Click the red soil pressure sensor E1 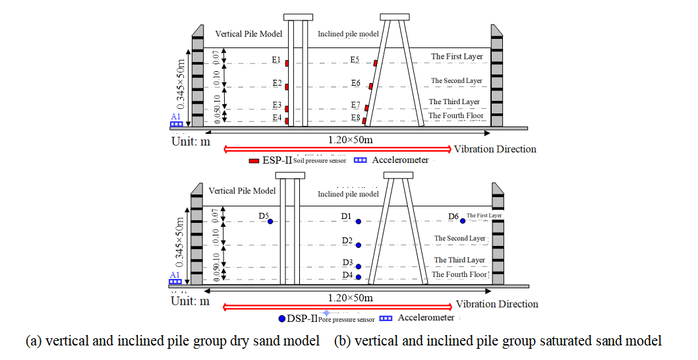coord(287,63)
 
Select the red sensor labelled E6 coord(371,86)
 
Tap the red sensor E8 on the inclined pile coord(364,120)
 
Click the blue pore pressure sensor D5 coord(270,221)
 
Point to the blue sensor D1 coord(358,222)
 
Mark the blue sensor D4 coord(358,278)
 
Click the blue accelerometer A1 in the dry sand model coord(176,124)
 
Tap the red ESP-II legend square coord(253,160)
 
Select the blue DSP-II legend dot coord(282,318)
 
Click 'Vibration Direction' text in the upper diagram coord(495,149)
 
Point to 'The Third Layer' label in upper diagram coord(455,102)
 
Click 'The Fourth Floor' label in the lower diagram coord(459,274)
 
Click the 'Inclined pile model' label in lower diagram coord(348,194)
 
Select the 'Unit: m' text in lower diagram coord(190,301)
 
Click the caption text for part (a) coord(172,341)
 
